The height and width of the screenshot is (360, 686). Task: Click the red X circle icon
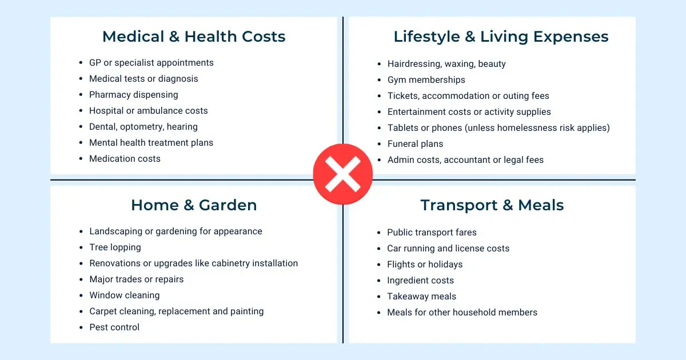(x=343, y=174)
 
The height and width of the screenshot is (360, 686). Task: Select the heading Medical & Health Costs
(x=194, y=37)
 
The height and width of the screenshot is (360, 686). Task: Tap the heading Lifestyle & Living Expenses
(x=501, y=37)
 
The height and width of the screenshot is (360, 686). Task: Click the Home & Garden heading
(x=194, y=205)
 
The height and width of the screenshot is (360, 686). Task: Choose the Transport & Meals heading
(x=492, y=205)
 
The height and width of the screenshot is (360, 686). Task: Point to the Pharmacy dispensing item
(x=133, y=95)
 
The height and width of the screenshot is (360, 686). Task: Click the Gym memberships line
(x=426, y=80)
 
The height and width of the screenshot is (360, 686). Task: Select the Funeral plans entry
(x=415, y=144)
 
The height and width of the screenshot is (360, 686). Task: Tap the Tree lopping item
(x=115, y=247)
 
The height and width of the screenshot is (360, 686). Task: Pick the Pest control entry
(x=114, y=327)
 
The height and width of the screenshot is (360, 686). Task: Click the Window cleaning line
(x=124, y=295)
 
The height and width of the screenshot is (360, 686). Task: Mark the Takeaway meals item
(x=421, y=297)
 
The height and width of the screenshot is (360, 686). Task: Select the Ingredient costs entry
(x=420, y=281)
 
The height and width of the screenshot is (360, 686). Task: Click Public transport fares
(x=432, y=233)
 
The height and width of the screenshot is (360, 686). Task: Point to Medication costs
(x=125, y=159)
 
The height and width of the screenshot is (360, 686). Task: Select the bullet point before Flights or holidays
(x=379, y=265)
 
